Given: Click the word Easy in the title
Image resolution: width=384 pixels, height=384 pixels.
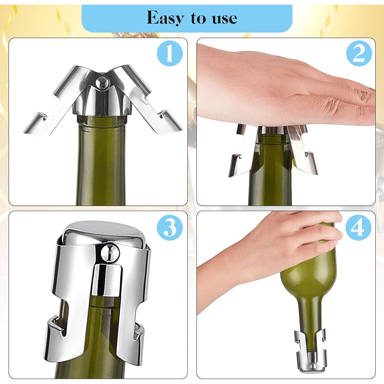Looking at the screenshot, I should point(165,18).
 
